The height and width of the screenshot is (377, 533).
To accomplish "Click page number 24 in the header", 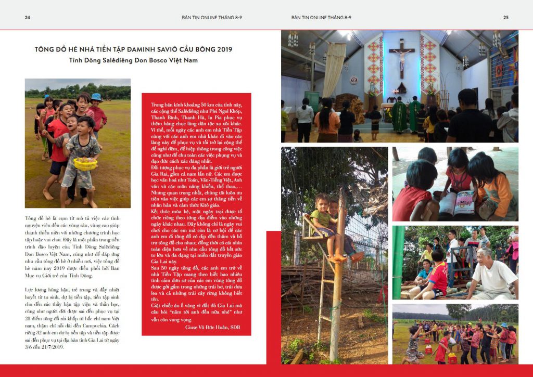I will coord(28,17).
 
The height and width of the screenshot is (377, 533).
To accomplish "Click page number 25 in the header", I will coord(505,17).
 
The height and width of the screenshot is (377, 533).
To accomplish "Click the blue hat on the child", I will coord(96,97).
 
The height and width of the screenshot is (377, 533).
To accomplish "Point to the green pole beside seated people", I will coord(398,262).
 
